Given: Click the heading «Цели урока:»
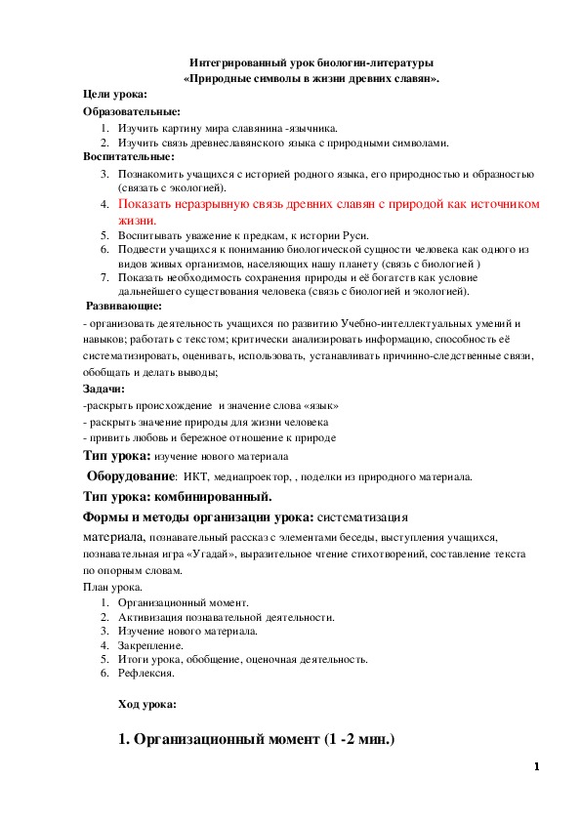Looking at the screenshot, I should pyautogui.click(x=115, y=94).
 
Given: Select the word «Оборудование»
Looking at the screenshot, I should pyautogui.click(x=132, y=477).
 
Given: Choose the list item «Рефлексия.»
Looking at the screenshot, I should pyautogui.click(x=145, y=674).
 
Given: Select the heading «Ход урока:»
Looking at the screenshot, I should pyautogui.click(x=146, y=703).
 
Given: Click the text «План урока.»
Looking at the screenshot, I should pyautogui.click(x=112, y=587).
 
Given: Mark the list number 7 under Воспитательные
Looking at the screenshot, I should pyautogui.click(x=104, y=277).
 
